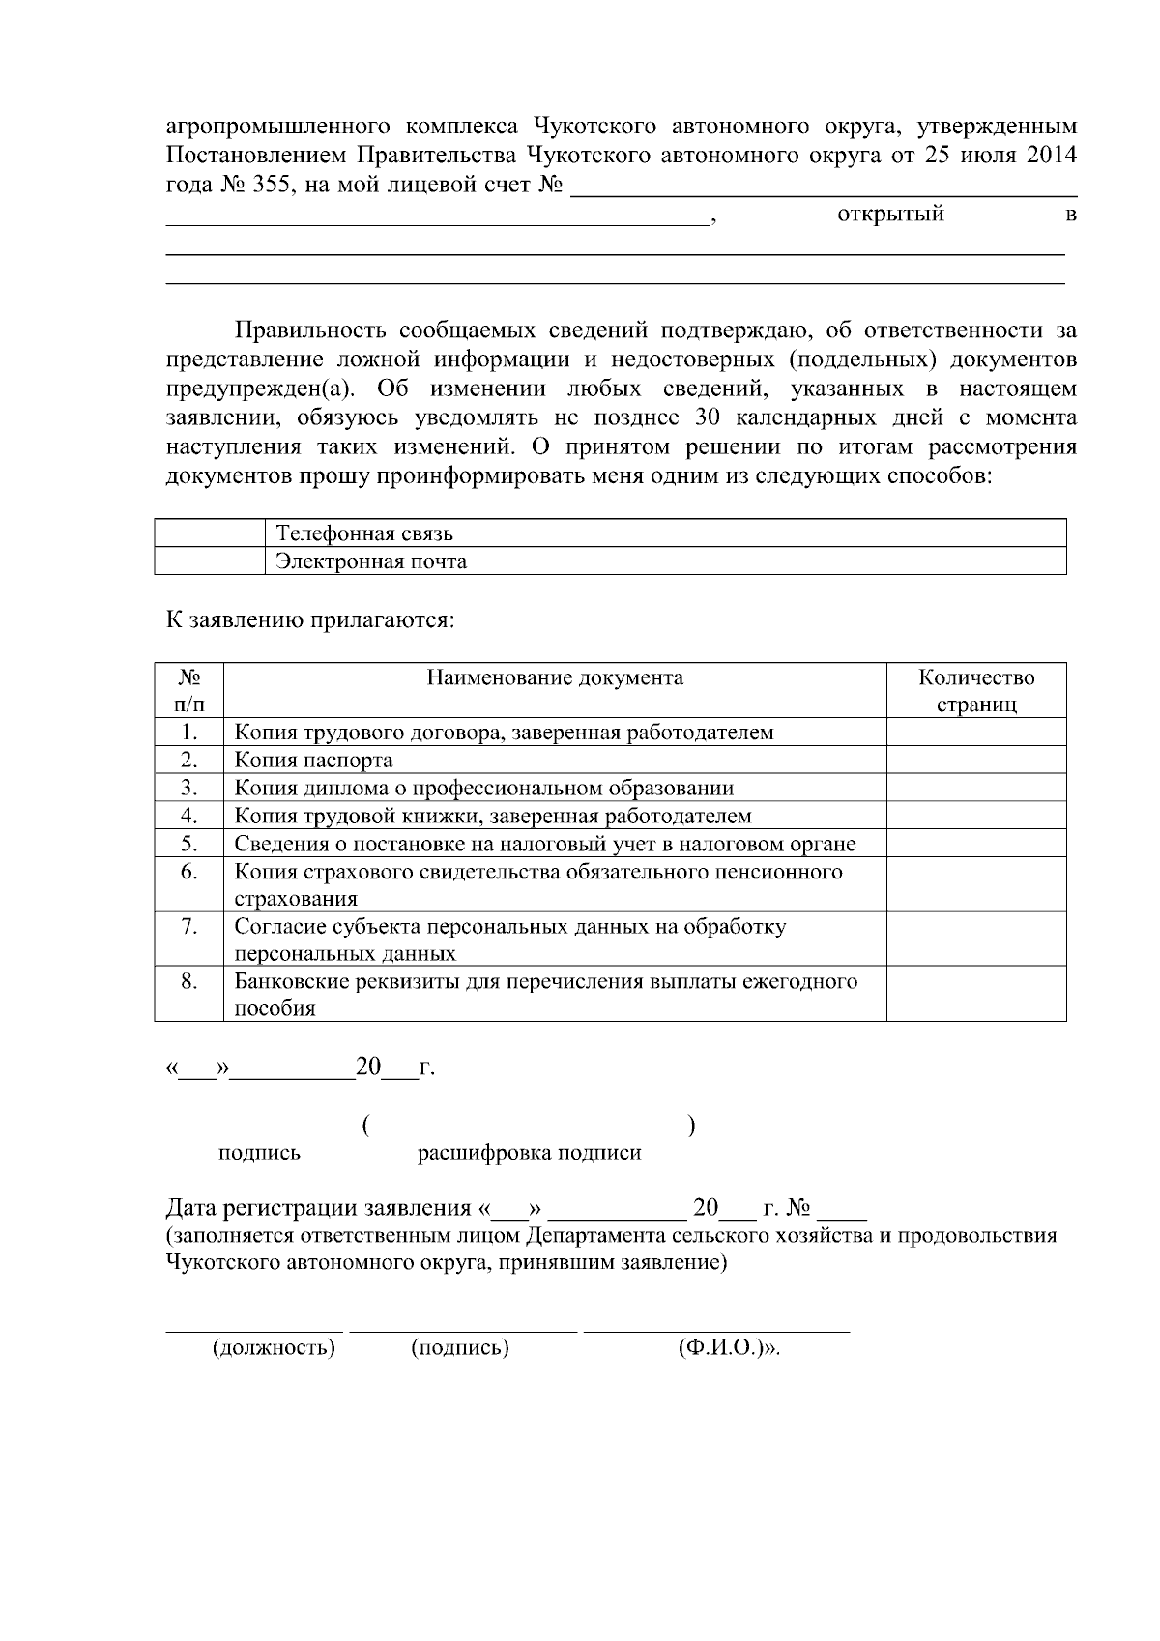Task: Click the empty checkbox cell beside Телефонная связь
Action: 209,533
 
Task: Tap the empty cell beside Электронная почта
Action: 209,561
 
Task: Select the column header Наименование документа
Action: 555,677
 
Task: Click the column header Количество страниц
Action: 976,691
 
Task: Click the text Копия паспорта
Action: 314,761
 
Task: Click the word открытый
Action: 889,215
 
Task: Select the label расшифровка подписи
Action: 529,1153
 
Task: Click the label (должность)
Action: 274,1348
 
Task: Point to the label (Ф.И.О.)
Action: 725,1348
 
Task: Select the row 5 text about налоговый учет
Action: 545,844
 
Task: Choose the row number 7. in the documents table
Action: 189,927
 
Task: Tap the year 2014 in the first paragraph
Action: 1051,157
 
